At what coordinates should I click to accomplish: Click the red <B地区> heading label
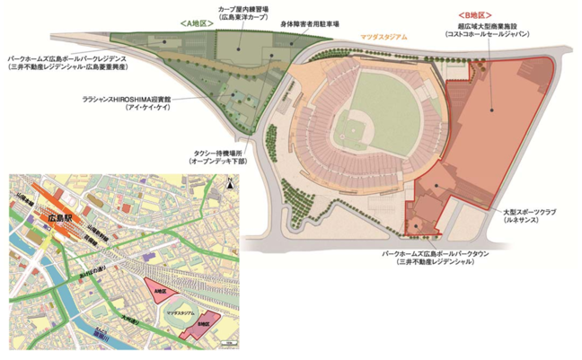(474, 16)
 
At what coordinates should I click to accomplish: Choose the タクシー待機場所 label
(216, 154)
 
